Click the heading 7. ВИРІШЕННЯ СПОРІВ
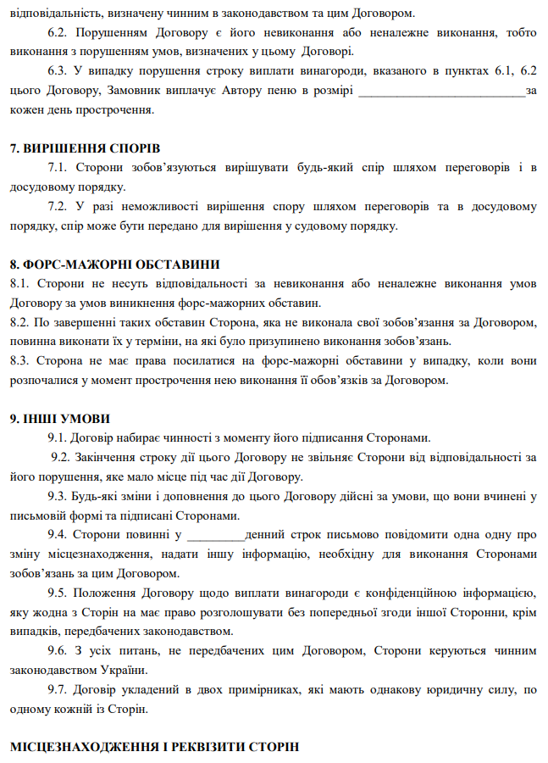click(x=81, y=149)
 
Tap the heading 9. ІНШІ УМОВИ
click(x=59, y=419)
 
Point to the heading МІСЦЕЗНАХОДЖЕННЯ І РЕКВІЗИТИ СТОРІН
click(x=154, y=747)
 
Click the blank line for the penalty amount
click(x=442, y=90)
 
